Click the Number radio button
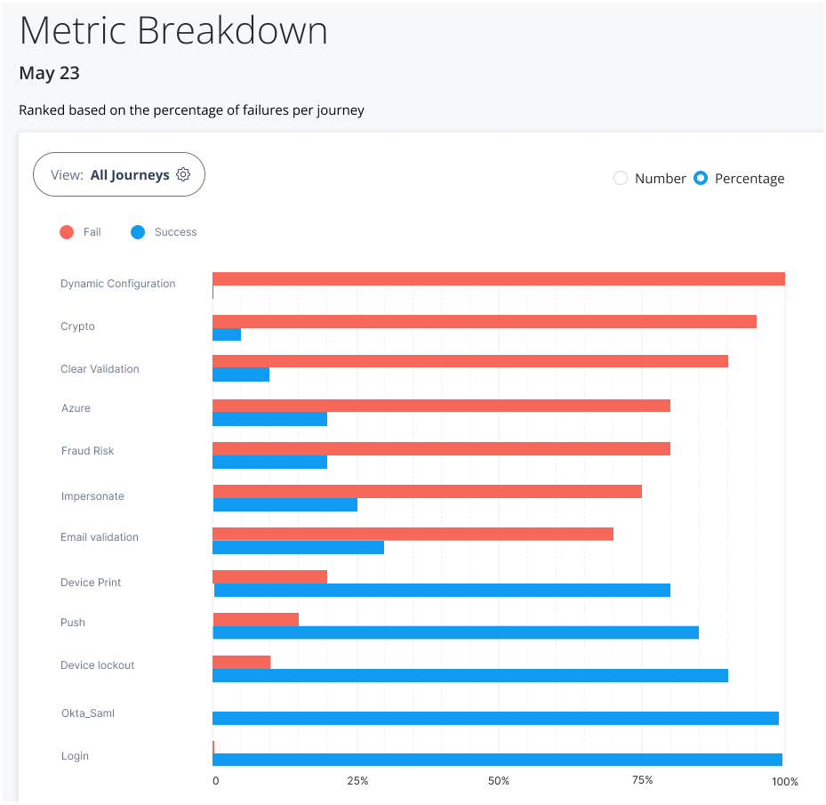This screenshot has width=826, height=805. pos(621,178)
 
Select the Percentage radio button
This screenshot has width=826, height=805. pos(701,178)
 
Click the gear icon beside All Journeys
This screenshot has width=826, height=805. pos(183,174)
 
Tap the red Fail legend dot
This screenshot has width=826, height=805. pos(67,232)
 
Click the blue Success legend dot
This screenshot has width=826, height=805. pos(138,232)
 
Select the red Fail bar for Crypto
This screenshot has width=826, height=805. pos(485,321)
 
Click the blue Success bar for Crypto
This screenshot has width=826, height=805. pos(227,334)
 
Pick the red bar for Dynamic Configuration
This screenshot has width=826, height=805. pos(499,278)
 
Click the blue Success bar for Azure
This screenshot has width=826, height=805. pos(270,419)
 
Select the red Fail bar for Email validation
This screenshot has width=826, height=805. pos(413,534)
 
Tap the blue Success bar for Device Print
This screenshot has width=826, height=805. pos(442,590)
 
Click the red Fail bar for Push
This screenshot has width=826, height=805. pos(256,619)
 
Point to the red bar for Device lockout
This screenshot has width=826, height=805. pos(242,662)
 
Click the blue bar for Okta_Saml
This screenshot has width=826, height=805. pos(496,718)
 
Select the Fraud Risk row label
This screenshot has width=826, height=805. pos(87,451)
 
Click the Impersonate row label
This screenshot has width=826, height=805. pos(92,496)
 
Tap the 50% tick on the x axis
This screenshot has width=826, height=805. pos(499,781)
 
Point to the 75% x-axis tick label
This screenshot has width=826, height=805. pos(642,780)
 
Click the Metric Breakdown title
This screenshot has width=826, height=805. pos(173,31)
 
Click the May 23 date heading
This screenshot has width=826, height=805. pos(49,73)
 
